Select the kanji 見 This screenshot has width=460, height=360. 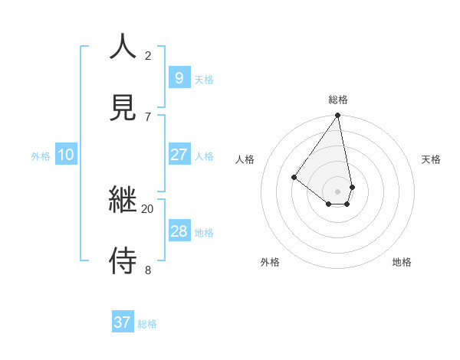[123, 107]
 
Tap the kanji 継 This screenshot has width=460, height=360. [123, 201]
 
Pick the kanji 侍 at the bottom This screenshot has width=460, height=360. [123, 261]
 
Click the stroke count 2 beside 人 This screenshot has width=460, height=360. [148, 55]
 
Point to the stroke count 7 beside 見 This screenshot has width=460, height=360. [148, 116]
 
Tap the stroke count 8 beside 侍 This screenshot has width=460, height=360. [148, 270]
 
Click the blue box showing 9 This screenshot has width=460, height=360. [179, 77]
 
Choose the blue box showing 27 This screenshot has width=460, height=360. [179, 155]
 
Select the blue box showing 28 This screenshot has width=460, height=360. [179, 231]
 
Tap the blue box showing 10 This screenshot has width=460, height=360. [66, 155]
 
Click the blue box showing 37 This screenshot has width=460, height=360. [123, 322]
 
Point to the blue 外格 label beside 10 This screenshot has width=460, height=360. [41, 156]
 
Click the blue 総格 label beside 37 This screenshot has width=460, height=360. [147, 324]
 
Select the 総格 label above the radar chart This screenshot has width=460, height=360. [338, 100]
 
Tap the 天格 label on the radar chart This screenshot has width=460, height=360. [432, 159]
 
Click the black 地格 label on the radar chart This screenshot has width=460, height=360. [402, 262]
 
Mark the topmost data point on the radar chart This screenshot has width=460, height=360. [338, 116]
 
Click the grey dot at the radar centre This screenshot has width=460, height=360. [338, 191]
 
